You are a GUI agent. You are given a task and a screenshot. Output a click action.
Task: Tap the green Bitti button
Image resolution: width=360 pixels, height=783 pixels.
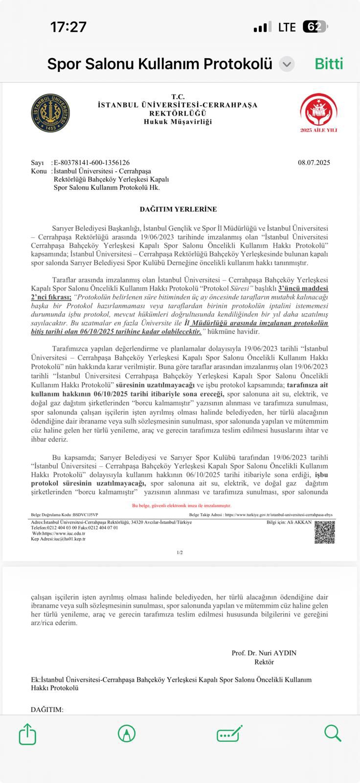(329, 64)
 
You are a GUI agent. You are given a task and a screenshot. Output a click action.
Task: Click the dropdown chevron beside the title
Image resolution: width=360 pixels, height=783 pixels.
(287, 64)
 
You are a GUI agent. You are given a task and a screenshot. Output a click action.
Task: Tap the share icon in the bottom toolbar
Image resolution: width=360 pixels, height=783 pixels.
(27, 734)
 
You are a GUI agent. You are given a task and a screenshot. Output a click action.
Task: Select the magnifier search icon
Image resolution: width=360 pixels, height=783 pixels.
(332, 733)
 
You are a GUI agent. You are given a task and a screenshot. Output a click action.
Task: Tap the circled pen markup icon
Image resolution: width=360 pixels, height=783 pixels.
(127, 734)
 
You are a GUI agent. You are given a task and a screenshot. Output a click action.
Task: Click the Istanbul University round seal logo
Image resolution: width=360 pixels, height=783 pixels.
(50, 113)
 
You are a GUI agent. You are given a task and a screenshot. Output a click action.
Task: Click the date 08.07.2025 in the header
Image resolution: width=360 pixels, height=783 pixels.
(314, 162)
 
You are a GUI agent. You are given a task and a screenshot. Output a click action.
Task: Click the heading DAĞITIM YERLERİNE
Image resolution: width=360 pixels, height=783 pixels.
(178, 209)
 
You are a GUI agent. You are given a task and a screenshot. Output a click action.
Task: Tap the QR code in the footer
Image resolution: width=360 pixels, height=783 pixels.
(324, 532)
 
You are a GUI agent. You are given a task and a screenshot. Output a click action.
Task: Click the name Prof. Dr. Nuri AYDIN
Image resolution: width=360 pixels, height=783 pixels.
(264, 653)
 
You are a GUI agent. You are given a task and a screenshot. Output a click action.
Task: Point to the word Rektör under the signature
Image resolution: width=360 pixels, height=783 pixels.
(264, 662)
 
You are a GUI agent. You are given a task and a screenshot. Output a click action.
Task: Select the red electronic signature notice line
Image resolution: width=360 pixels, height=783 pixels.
(181, 506)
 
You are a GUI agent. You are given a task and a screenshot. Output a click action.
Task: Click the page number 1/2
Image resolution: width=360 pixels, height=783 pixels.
(180, 553)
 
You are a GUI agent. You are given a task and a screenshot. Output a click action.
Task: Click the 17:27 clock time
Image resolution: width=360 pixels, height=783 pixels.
(68, 27)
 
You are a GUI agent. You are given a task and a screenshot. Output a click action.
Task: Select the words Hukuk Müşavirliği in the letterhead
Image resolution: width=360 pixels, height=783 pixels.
(178, 121)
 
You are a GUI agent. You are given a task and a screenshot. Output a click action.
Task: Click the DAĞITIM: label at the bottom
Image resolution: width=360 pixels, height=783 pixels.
(47, 709)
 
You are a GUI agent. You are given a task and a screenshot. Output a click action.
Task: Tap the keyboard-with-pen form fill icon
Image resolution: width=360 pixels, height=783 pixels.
(229, 734)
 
